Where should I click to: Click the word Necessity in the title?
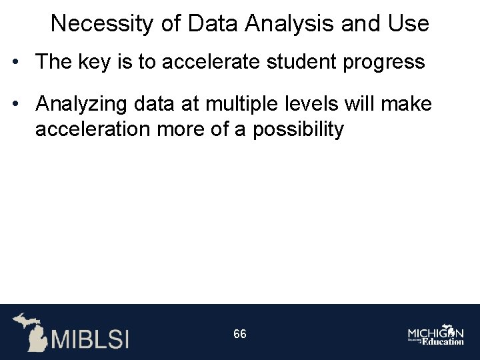coord(103,24)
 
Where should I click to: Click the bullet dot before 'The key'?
coord(15,63)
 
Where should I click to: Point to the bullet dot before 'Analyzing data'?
coord(15,104)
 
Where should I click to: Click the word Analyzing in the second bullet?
coord(83,104)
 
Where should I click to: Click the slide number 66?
coord(240,334)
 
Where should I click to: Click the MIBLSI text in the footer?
coord(90,338)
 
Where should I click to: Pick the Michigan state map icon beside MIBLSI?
coord(30,331)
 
